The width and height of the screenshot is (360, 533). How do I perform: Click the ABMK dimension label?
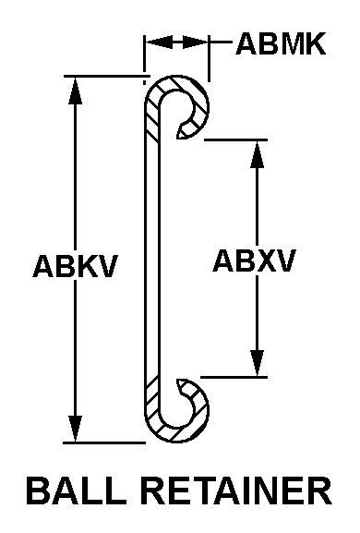coord(281,43)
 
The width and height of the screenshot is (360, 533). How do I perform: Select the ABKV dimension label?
coord(76,266)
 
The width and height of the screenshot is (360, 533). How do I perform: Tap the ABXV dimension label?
coord(254,260)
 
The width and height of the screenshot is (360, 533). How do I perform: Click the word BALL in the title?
coord(76,491)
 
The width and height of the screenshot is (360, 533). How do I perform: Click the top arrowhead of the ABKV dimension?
coord(75,91)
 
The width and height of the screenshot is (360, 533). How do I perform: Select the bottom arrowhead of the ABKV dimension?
coord(75,429)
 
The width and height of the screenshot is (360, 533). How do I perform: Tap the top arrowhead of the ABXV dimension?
coord(258,154)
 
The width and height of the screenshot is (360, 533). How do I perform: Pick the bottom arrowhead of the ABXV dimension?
coord(258,363)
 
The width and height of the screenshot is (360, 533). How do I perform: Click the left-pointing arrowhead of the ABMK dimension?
coord(159,42)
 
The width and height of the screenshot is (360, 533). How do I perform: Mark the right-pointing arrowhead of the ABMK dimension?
coord(195,42)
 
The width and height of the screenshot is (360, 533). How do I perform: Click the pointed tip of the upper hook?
coord(177,138)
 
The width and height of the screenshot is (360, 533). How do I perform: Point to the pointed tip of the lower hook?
coord(177,380)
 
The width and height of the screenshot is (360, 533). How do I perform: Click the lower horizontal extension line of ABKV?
coord(104,442)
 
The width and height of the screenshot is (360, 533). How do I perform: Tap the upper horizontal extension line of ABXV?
coord(235,139)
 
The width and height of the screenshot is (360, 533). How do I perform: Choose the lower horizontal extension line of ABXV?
coord(234,377)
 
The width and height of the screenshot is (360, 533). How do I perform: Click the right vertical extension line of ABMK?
coord(209,58)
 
